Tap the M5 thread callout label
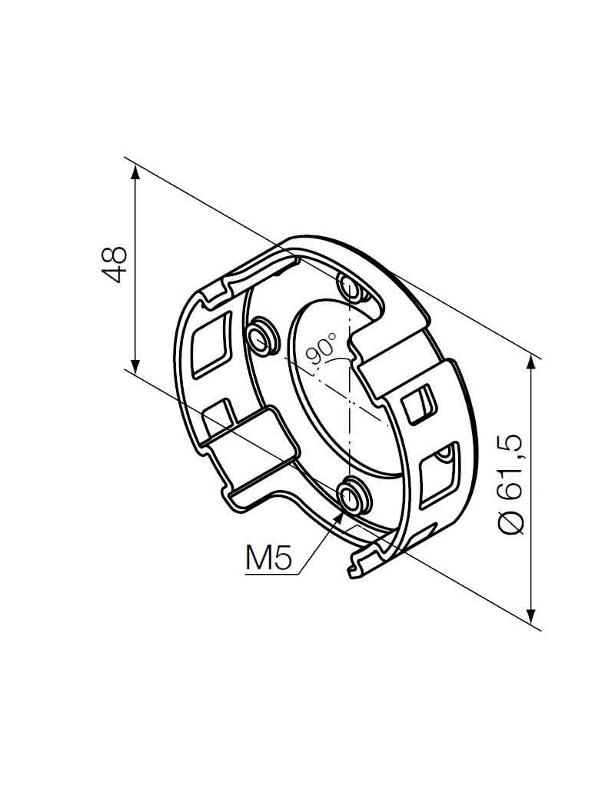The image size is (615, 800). click(268, 558)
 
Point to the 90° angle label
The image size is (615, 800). click(321, 348)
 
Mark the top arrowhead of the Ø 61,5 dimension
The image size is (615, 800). click(531, 361)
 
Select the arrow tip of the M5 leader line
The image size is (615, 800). click(344, 508)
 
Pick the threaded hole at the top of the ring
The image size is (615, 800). click(351, 288)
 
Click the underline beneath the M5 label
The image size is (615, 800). click(269, 574)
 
